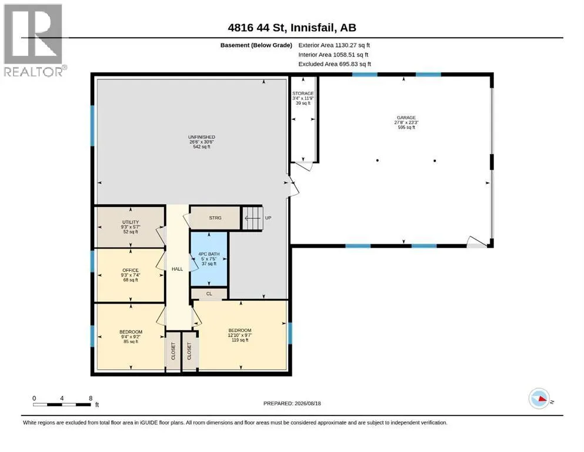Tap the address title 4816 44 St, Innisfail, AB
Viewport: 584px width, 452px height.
(292, 28)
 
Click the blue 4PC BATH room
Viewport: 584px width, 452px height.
(209, 258)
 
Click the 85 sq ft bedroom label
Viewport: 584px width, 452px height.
(131, 337)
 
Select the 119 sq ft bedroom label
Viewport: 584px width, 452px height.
(240, 335)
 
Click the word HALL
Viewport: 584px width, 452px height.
(177, 269)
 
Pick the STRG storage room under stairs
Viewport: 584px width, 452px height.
(215, 218)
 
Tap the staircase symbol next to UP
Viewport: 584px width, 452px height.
(253, 218)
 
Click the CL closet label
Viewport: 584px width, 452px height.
(209, 294)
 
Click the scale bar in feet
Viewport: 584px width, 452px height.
(62, 404)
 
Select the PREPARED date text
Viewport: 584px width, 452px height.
(292, 403)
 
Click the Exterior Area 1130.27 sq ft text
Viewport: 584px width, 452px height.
(334, 45)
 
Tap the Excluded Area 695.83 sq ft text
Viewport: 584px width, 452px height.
(335, 64)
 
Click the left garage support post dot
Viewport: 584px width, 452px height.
(378, 161)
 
